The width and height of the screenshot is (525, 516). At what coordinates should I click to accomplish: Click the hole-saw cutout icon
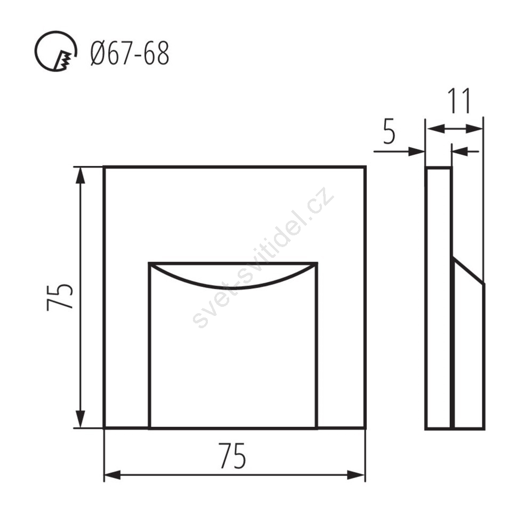[55, 51]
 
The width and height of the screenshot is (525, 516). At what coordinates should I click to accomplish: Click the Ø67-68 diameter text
[130, 54]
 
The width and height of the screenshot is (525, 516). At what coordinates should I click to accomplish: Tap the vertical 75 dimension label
[60, 297]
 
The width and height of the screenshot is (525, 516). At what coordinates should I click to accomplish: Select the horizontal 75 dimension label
[233, 455]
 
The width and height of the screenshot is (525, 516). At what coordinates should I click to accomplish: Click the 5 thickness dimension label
[389, 132]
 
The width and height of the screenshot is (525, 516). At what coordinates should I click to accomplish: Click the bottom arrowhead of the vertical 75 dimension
[80, 419]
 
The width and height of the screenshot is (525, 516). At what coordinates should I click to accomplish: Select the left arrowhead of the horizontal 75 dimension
[113, 475]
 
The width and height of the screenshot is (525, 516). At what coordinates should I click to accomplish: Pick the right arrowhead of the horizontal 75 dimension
[356, 475]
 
